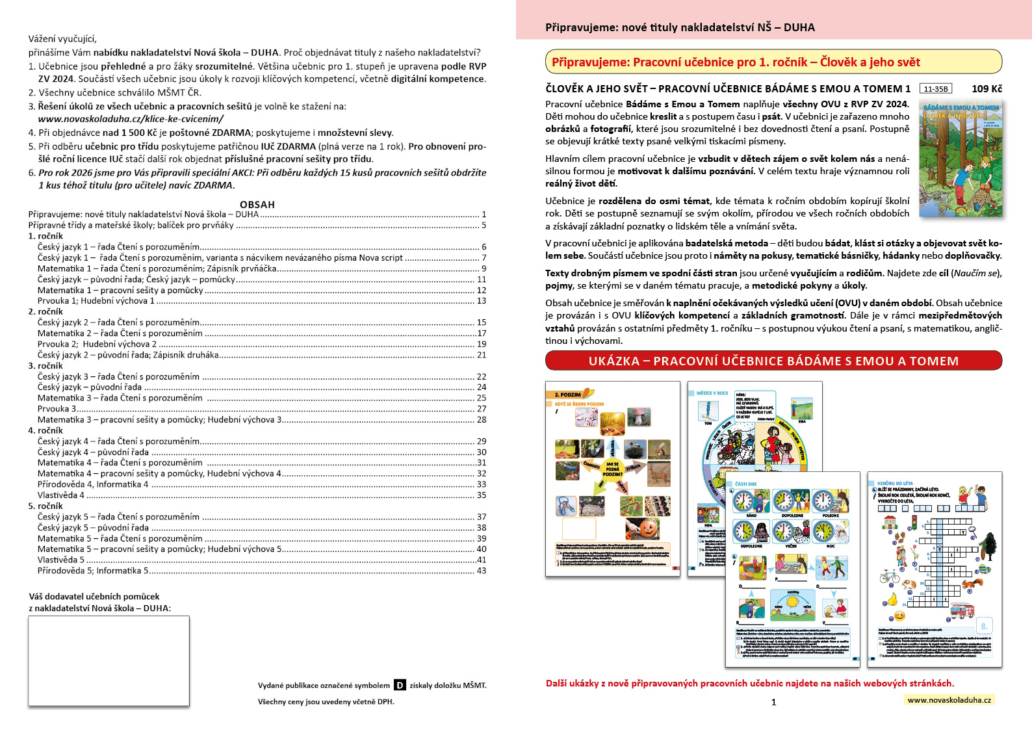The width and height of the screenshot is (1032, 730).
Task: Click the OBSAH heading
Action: coord(257,204)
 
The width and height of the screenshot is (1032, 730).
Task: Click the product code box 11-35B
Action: coord(936,89)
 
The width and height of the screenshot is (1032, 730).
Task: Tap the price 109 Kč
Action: coord(987,89)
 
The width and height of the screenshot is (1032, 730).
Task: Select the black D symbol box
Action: coord(400,685)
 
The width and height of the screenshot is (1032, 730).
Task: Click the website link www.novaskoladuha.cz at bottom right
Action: coord(949,700)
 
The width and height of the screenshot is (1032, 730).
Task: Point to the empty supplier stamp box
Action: coord(109,660)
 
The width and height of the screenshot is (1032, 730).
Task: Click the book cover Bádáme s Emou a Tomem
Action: coord(961,158)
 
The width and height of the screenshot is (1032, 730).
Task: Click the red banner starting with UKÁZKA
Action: coord(773,361)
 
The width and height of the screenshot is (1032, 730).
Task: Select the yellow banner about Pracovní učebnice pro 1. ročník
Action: coord(773,62)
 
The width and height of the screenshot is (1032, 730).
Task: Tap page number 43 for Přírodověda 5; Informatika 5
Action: coord(481,571)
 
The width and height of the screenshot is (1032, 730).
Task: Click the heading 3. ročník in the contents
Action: coord(45,366)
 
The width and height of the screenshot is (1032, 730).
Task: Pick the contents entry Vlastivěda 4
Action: coord(61,495)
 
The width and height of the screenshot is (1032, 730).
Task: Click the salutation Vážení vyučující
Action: coord(62,39)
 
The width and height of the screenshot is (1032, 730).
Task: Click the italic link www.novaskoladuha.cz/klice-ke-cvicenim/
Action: coord(131,119)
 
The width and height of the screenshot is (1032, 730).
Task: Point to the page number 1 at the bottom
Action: coord(773,702)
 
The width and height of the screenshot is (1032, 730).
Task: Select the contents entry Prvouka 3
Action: coord(57,409)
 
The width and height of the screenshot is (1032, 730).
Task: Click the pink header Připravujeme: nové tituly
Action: coord(680,27)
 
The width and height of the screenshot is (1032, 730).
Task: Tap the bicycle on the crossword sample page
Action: coord(889,576)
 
